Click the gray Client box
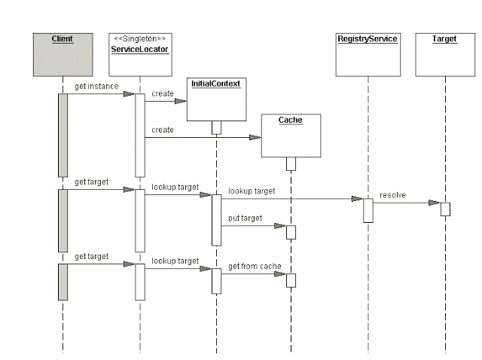tap(63, 54)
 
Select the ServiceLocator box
tap(140, 55)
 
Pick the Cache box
tap(291, 136)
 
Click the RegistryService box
tap(368, 54)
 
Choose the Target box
tap(444, 54)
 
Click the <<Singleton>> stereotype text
tap(140, 38)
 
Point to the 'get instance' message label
tap(96, 87)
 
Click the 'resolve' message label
tap(392, 195)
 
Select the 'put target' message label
tap(246, 218)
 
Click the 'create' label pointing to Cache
tap(163, 130)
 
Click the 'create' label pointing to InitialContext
tap(163, 93)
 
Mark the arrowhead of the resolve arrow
tap(435, 203)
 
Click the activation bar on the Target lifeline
tap(445, 209)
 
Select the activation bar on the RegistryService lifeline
tap(368, 210)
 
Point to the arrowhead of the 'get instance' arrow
tap(130, 94)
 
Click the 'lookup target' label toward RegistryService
tap(252, 191)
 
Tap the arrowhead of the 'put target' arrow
tap(280, 225)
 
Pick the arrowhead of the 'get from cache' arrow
tap(280, 274)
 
